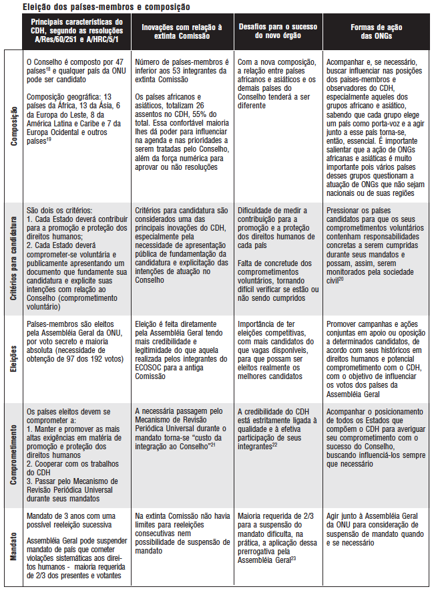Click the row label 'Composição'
(12, 126)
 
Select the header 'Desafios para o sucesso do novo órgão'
(278, 31)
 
